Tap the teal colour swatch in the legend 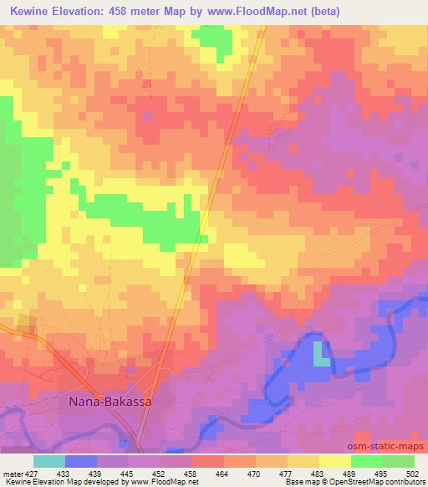pos(49,461)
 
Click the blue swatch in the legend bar pos(81,461)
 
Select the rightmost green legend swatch pos(398,461)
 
